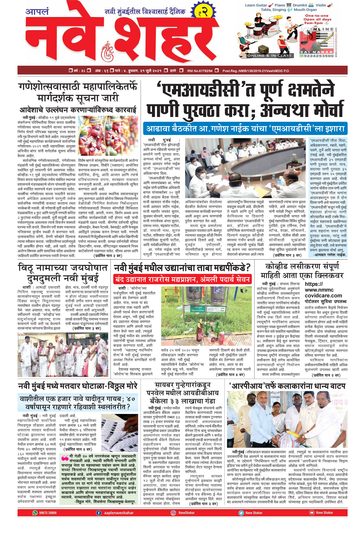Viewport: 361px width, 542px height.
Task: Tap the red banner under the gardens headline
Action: point(182,280)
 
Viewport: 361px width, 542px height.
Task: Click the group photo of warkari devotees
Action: point(63,354)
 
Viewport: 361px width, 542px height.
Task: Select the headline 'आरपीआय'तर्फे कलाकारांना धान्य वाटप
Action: point(287,386)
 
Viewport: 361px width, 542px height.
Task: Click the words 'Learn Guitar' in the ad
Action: point(256,5)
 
